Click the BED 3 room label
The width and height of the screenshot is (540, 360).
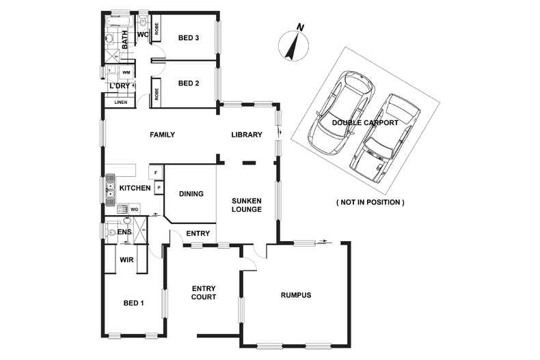coord(187,38)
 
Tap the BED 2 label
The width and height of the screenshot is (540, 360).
coord(187,84)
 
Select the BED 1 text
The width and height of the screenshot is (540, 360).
coord(133,303)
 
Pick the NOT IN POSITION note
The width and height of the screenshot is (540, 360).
coord(370,202)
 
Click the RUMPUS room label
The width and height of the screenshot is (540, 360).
coord(296,295)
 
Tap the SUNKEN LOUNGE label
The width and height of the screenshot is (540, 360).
coord(247,205)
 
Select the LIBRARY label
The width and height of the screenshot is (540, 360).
coord(246,135)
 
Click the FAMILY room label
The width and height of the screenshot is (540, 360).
coord(163,135)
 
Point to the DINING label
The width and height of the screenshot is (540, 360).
coord(191,194)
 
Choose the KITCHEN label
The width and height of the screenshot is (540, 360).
coord(135,188)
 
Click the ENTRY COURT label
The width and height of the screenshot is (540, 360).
coord(204,292)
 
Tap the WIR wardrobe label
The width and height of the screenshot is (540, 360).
coord(126,260)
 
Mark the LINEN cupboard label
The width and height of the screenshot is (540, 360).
coord(121,102)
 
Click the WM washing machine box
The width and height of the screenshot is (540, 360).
coord(126,72)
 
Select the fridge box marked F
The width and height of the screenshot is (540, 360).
coord(157,173)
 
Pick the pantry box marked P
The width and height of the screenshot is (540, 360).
coord(159,186)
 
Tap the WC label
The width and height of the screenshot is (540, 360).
coord(143,34)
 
